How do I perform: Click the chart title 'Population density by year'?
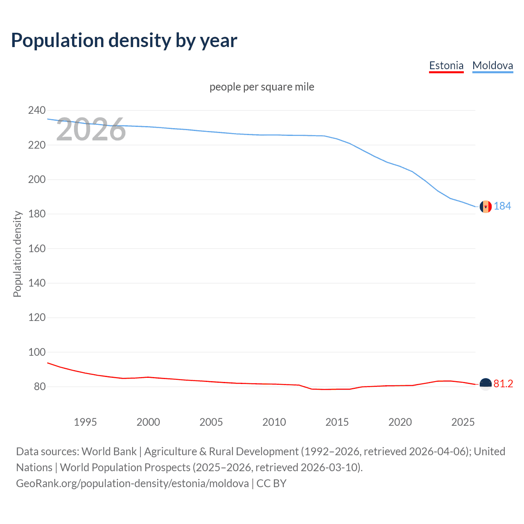tap(124, 41)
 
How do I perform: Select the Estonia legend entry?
tap(446, 65)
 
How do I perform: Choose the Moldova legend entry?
tap(492, 65)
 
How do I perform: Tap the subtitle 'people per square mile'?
tap(262, 87)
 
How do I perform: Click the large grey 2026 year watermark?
tap(91, 129)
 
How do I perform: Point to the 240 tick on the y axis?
tap(37, 110)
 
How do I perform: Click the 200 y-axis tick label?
tap(37, 179)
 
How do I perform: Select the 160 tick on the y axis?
tap(37, 248)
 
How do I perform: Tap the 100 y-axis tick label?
tap(37, 352)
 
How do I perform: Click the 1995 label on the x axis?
tap(85, 422)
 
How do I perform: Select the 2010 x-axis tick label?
tap(274, 422)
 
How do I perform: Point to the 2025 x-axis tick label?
tap(463, 422)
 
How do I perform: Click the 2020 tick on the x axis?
tap(400, 422)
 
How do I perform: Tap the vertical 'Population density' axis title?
tap(17, 254)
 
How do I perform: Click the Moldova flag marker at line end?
tap(486, 207)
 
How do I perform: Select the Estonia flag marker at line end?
tap(486, 384)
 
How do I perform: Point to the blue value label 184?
tap(502, 206)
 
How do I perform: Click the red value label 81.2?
tap(503, 384)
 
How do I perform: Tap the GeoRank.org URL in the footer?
tap(132, 483)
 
